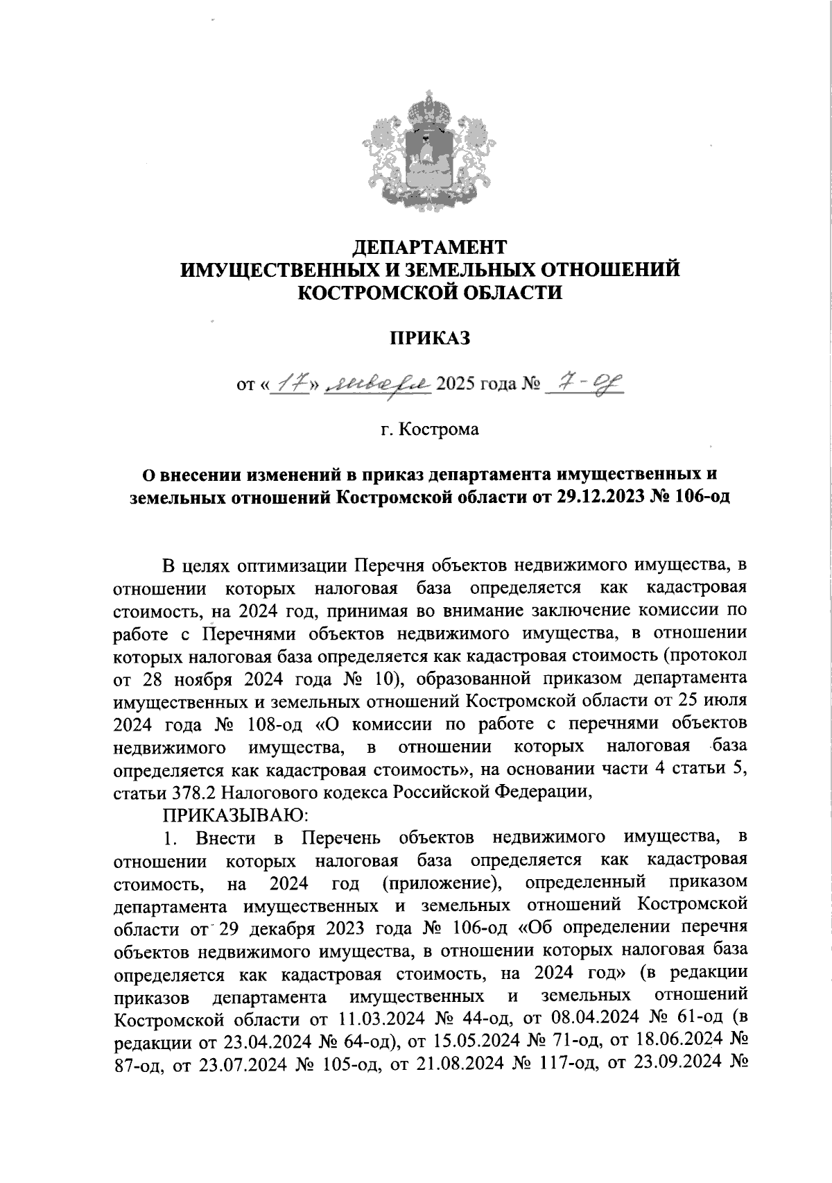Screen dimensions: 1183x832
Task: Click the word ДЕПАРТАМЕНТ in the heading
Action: (430, 246)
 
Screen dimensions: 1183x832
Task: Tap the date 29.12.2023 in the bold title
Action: (600, 497)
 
